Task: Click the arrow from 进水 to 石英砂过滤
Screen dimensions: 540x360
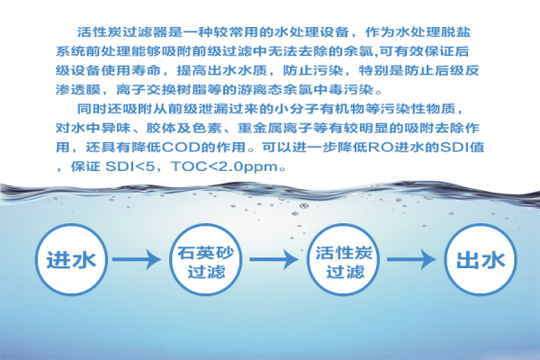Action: [x=137, y=259]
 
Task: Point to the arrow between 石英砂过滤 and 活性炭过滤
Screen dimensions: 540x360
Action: [x=274, y=259]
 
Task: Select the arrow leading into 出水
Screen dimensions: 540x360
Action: [x=411, y=259]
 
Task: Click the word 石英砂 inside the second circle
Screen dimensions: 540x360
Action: [x=205, y=253]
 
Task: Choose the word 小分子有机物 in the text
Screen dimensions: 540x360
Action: [x=320, y=109]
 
